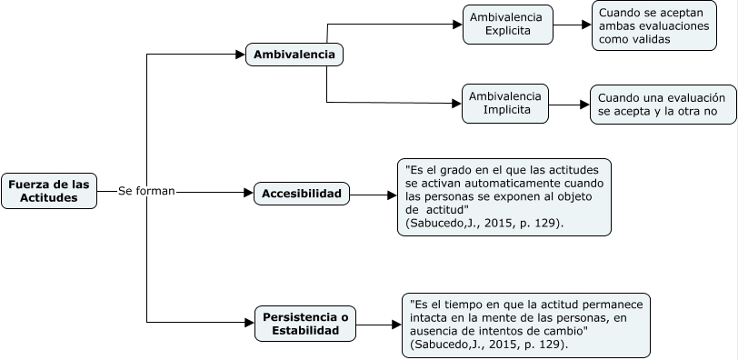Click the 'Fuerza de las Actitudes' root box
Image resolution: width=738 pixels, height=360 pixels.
[x=49, y=192]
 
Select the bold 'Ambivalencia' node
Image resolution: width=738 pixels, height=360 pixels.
[x=294, y=55]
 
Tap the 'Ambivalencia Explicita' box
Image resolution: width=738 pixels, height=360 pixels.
[x=507, y=25]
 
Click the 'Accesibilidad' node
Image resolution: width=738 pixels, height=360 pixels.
[x=302, y=194]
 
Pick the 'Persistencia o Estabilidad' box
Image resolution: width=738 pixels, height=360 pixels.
[x=305, y=324]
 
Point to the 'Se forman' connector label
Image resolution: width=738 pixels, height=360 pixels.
[x=146, y=192]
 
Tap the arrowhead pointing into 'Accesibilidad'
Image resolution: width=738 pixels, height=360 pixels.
[x=248, y=193]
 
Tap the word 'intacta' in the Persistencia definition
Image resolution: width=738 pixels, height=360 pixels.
[x=430, y=318]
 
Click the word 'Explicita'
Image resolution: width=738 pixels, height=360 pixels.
[x=507, y=32]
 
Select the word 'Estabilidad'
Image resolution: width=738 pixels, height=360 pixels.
[x=305, y=331]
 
